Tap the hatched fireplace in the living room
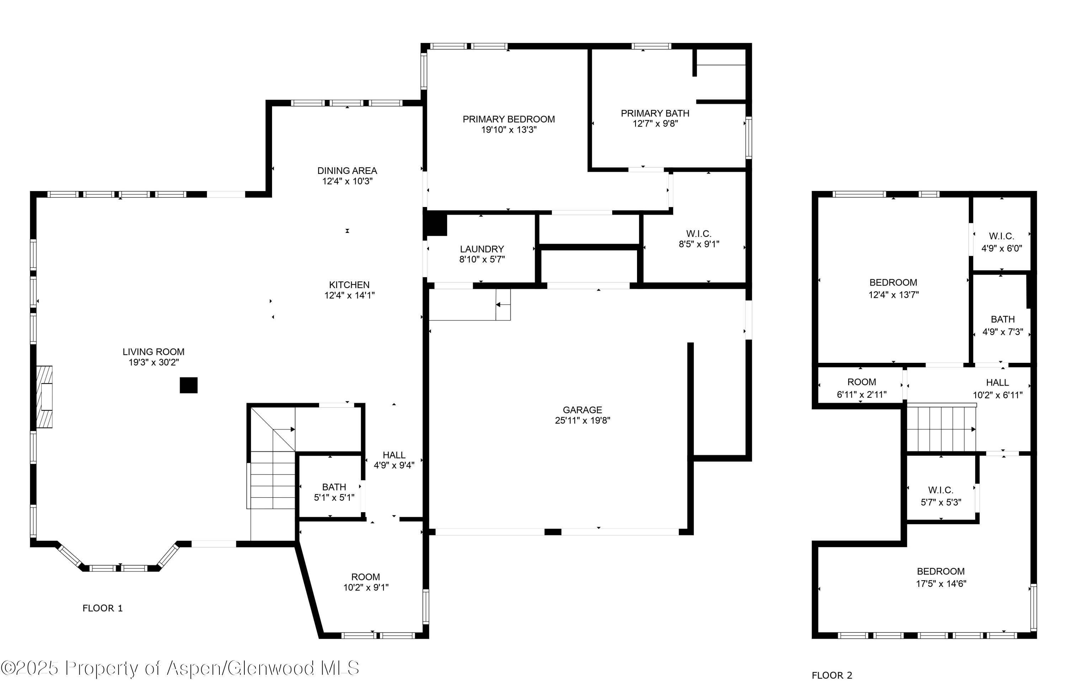pos(44,397)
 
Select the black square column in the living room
pos(188,385)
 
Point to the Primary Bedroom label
pos(508,119)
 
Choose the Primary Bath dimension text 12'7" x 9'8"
pos(655,124)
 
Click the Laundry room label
pos(482,249)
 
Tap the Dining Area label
pos(347,171)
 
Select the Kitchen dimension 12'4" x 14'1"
pos(349,296)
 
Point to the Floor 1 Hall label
pos(394,455)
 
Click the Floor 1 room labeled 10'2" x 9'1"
pos(365,582)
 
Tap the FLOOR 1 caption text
pos(102,608)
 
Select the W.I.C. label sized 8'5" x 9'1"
pos(699,239)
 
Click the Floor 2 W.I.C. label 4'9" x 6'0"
pos(1001,242)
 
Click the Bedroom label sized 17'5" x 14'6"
pos(941,577)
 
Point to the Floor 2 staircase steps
pos(941,429)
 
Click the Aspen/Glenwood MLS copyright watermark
pos(179,668)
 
